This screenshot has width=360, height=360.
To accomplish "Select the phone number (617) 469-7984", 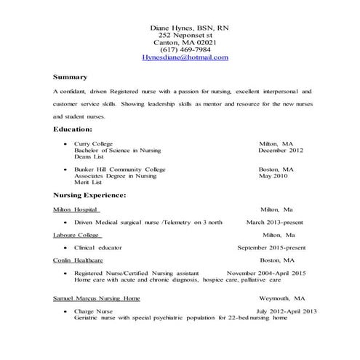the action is pos(185,49).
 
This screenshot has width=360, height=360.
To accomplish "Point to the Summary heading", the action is pos(70,77).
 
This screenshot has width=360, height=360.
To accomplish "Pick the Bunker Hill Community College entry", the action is pos(119,169).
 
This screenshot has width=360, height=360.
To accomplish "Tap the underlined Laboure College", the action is pos(76,235).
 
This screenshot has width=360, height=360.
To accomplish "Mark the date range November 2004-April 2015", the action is pos(266,273).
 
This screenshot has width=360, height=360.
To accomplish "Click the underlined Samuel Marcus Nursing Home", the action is pos(96,298).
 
